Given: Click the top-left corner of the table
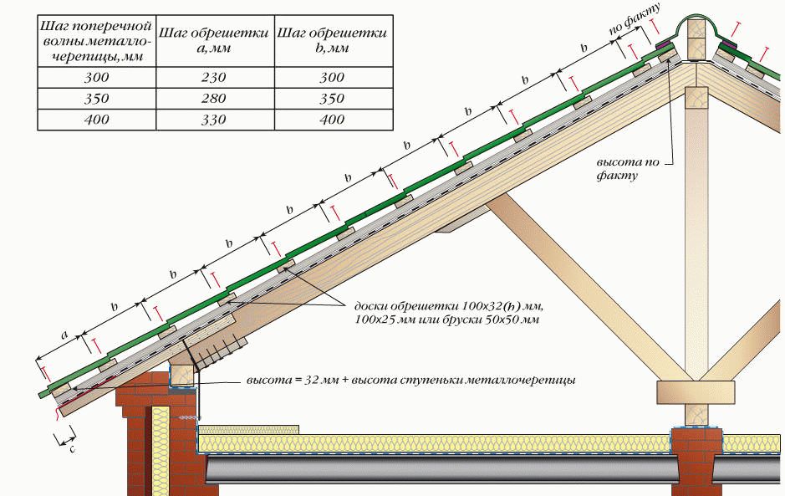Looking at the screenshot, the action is [38, 15].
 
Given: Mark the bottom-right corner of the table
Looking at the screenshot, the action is [393, 130].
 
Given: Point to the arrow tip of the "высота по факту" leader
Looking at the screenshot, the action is [670, 55].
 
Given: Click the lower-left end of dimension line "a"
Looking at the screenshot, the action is [37, 359].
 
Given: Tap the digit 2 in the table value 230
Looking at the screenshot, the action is [206, 78].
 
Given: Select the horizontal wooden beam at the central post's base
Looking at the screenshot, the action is [696, 392].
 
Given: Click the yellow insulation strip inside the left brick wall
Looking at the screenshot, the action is [161, 451].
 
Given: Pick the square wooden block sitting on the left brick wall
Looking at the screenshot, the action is [181, 376].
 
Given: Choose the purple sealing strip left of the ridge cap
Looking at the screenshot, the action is [665, 46].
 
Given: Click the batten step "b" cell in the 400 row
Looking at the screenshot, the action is [334, 120].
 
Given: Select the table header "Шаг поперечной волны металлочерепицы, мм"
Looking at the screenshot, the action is [97, 41].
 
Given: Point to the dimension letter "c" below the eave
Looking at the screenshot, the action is [72, 449].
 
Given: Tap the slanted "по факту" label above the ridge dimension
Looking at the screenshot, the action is [635, 19].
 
